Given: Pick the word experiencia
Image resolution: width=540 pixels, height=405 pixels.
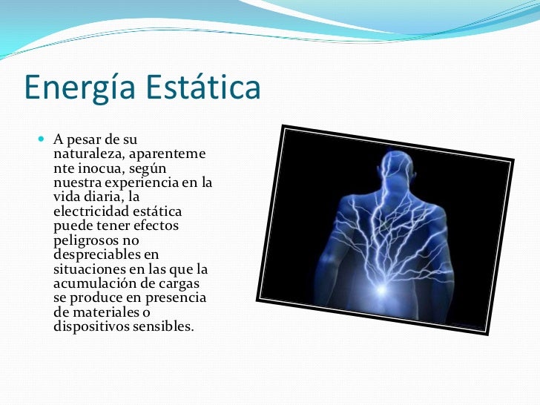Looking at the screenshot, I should click(139, 182).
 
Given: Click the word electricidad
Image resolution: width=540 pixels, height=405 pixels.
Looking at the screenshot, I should click(92, 211).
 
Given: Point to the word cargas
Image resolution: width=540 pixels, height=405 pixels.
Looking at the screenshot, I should click(183, 283).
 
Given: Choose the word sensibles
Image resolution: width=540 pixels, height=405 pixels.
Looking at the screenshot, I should click(162, 326).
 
